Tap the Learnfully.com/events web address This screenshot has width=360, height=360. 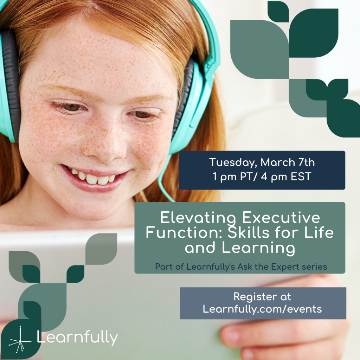point(262,309)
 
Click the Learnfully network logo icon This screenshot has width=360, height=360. point(20,340)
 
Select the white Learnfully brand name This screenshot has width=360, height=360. point(77,338)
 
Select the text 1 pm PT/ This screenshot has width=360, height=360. point(235,176)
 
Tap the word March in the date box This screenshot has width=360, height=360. point(276,163)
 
